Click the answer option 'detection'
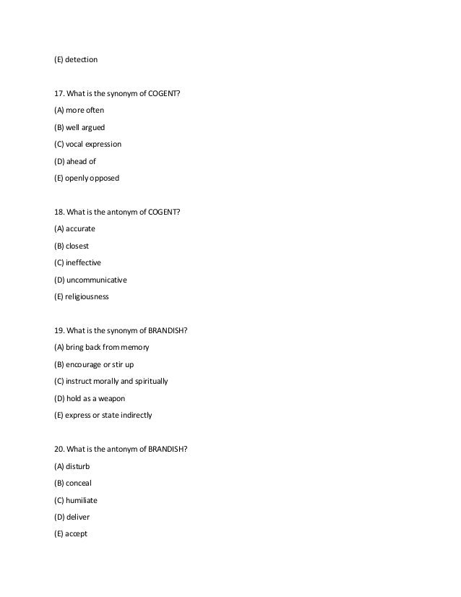click(x=81, y=59)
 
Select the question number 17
click(x=59, y=93)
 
